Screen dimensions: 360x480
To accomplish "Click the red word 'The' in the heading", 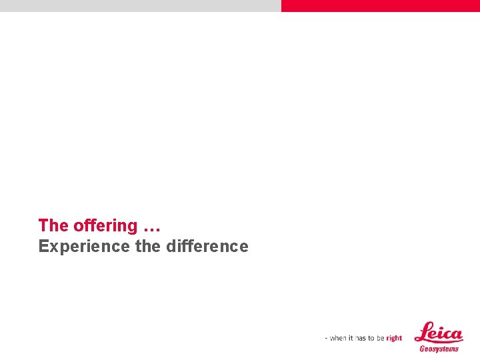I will (x=53, y=226).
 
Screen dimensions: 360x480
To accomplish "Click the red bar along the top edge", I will (x=380, y=5).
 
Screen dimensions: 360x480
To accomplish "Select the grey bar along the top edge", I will (x=140, y=5).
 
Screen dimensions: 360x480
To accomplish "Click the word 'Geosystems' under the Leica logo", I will (x=439, y=349).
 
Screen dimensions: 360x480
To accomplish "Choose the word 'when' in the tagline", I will (x=339, y=338).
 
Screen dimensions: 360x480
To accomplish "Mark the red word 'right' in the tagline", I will (x=394, y=338).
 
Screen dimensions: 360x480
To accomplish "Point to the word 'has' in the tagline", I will (x=361, y=338).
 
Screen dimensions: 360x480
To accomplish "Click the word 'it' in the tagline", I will (x=351, y=338).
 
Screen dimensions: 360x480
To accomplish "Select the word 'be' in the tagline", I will (x=380, y=338).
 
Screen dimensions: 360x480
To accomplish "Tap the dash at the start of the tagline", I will (x=327, y=339).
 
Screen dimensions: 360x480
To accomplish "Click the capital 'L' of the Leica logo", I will (x=423, y=331).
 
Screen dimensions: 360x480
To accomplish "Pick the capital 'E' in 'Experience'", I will (x=43, y=247).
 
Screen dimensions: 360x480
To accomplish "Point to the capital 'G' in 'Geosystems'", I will (x=422, y=349).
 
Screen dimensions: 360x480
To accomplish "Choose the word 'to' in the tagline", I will (x=371, y=338).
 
